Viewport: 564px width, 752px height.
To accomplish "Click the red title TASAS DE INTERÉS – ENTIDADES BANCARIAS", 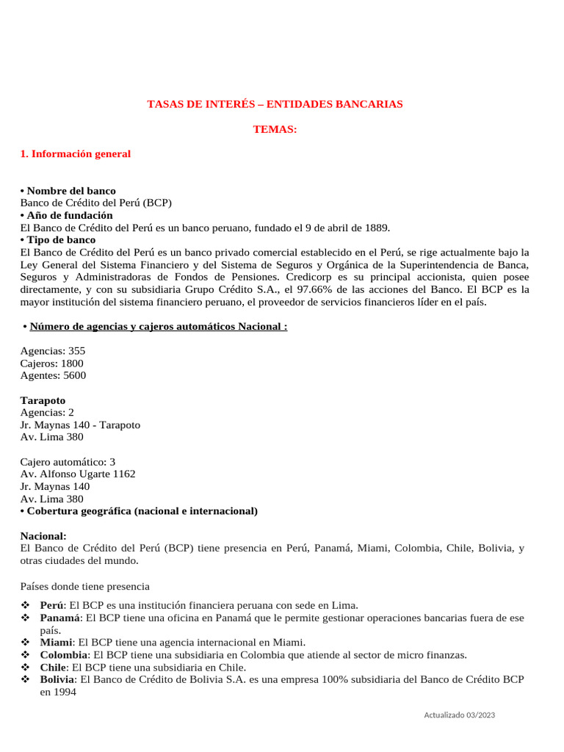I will [x=275, y=104].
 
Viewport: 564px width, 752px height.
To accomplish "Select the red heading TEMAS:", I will [x=275, y=129].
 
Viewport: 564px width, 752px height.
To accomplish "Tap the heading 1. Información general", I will [x=76, y=153].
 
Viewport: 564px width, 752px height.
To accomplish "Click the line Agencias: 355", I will [x=53, y=351].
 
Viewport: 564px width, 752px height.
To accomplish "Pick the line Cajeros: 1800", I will [x=52, y=364].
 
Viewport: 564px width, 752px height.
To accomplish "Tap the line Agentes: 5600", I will [x=53, y=375].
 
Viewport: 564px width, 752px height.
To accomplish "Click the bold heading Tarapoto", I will [x=43, y=400].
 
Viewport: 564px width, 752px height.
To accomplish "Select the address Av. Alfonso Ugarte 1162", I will [x=78, y=474].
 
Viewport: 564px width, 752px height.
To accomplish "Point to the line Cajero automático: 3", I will [x=68, y=462].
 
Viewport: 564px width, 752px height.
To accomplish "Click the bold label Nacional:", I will [x=43, y=536].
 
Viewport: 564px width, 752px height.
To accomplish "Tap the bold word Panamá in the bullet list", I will [x=60, y=618].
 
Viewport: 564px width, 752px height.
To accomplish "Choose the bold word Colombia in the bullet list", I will [x=64, y=655].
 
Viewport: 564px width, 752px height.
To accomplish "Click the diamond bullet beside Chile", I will [x=25, y=668].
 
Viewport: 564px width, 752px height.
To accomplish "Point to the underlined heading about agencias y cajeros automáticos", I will [x=159, y=326].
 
